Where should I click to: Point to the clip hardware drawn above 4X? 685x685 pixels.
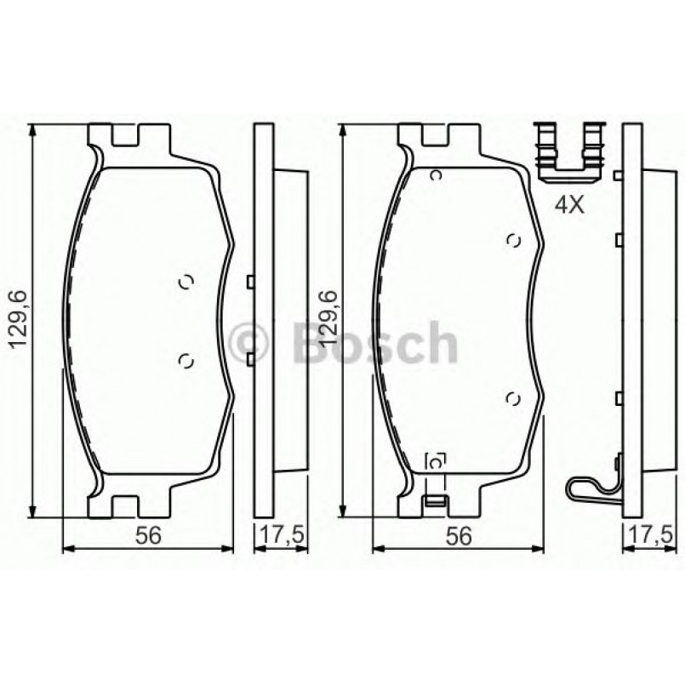click(568, 153)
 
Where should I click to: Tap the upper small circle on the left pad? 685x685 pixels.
click(187, 284)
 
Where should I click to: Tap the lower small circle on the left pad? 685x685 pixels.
click(187, 361)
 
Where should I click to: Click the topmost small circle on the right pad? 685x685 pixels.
click(436, 175)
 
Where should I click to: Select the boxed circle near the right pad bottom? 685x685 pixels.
click(436, 461)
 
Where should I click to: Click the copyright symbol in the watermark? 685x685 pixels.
click(252, 342)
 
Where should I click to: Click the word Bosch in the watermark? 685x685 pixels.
click(374, 342)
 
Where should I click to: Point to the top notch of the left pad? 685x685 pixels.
click(128, 136)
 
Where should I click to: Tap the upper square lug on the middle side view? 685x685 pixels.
click(249, 282)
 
